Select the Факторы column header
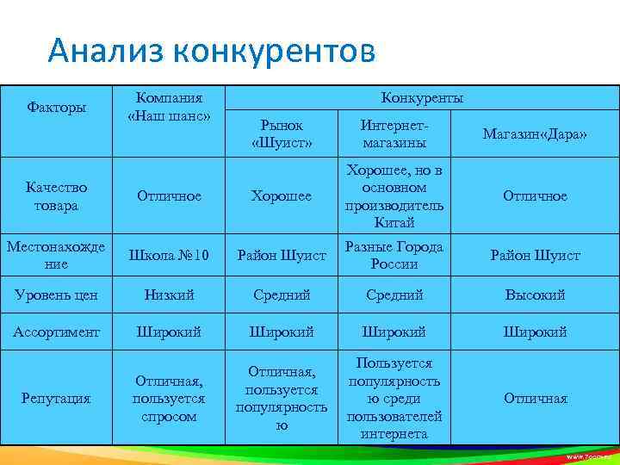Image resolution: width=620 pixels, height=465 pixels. (x=56, y=108)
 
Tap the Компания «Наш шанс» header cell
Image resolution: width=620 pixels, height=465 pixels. (x=169, y=108)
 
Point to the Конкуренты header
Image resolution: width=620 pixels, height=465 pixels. (x=422, y=98)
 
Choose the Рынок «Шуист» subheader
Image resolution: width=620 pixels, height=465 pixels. (x=282, y=133)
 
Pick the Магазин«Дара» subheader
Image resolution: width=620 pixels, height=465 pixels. (x=535, y=133)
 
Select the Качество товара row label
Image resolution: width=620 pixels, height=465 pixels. (x=56, y=196)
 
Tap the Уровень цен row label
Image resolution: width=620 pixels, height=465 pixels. (x=56, y=294)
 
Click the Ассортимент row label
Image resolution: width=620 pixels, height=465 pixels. (x=56, y=332)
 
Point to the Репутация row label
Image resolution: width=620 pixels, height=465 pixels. (x=56, y=399)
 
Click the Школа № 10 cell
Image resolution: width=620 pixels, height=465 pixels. (x=169, y=256)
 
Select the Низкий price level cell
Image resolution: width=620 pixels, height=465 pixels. (x=169, y=294)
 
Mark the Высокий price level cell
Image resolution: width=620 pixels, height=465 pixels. (x=535, y=294)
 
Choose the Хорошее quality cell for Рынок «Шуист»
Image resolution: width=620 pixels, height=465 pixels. (x=282, y=196)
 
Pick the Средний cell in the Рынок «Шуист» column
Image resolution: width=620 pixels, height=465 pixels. (x=282, y=294)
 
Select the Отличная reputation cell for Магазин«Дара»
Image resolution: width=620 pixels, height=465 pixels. (x=535, y=399)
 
